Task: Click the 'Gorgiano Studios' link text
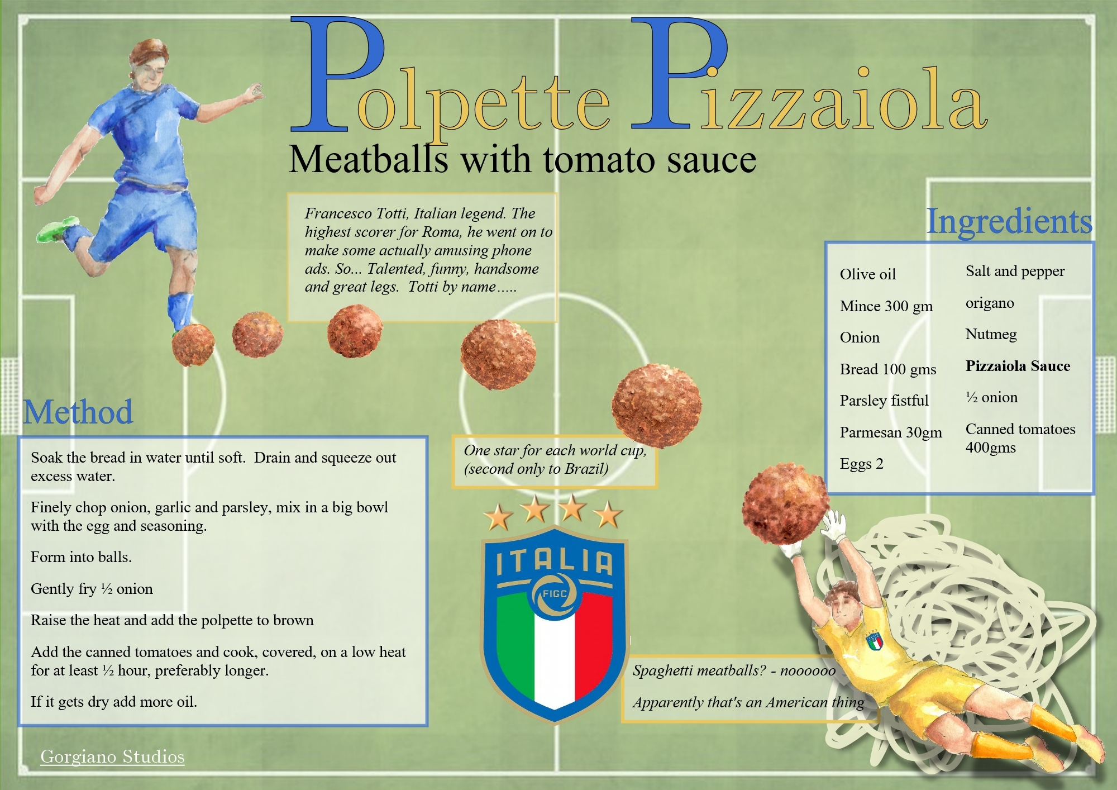coord(112,756)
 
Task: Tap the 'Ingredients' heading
coord(1009,222)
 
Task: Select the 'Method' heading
coord(78,412)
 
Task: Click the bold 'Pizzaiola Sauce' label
coord(1018,366)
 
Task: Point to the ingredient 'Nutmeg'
coord(991,335)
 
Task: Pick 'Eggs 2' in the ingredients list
coord(861,464)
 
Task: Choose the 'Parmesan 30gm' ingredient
coord(891,432)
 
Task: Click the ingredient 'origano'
coord(990,303)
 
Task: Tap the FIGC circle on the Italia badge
coord(554,594)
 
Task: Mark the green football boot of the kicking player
coord(58,229)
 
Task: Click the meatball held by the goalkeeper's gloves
coord(785,504)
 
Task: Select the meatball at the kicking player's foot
coord(193,344)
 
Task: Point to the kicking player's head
coord(149,63)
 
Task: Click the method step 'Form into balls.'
coord(81,557)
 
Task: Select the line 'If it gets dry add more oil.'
coord(114,702)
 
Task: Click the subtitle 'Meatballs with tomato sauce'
coord(522,160)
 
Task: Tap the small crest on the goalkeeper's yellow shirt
coord(875,641)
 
